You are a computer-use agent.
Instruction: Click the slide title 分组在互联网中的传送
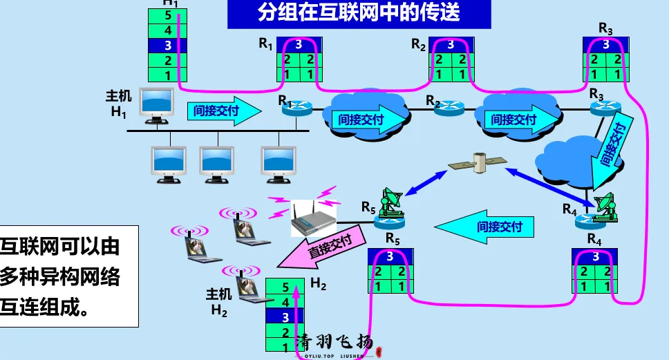pos(359,13)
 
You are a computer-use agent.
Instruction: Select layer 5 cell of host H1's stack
pos(168,15)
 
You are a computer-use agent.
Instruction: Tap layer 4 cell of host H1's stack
pos(168,30)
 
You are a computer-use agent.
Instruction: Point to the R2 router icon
pos(446,107)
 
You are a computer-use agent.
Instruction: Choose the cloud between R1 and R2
pos(364,114)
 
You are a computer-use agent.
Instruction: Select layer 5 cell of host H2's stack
pos(285,285)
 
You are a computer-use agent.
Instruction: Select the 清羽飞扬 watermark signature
pos(335,343)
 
